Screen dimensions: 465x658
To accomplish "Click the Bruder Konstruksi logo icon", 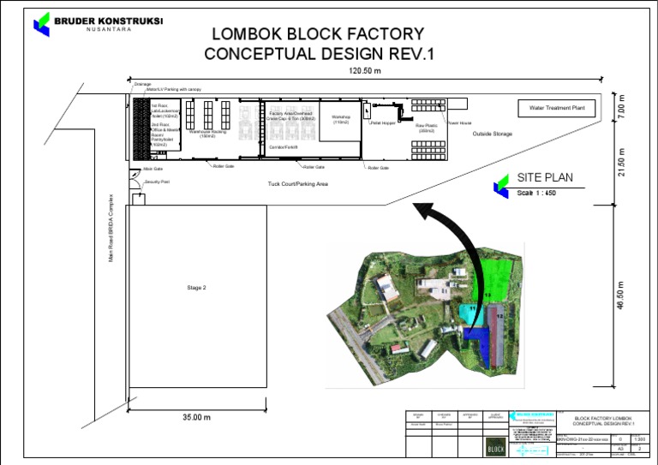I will [42, 23].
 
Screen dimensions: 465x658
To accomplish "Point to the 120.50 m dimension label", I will [365, 70].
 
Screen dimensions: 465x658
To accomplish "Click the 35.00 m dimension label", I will [196, 417].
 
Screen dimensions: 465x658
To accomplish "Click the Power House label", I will [459, 123].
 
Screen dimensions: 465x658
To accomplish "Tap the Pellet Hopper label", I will [382, 123].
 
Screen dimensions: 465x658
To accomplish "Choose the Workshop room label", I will [341, 118].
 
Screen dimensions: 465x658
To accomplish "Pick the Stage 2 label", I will [196, 288].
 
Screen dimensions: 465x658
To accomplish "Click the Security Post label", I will [158, 182].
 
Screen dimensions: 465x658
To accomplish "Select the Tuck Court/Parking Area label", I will [298, 183].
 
